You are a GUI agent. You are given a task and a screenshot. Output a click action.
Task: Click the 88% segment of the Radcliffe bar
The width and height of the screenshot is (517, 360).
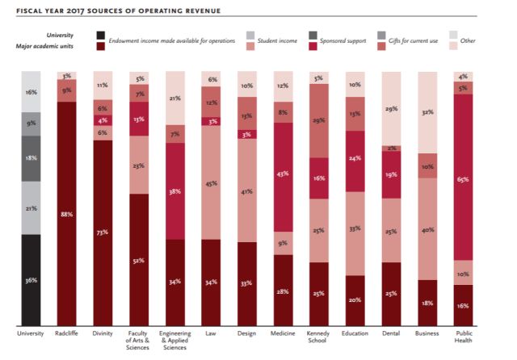pos(67,214)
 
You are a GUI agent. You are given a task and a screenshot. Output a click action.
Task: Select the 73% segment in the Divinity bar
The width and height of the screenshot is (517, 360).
pos(103,232)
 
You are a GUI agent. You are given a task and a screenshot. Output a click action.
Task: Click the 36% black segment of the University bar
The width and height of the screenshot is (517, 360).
pos(31,280)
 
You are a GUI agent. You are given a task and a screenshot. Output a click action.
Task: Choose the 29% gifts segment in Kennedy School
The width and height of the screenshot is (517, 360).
pos(318,119)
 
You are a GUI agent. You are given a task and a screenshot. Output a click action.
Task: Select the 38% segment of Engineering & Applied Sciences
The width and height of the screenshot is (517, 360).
pos(174,192)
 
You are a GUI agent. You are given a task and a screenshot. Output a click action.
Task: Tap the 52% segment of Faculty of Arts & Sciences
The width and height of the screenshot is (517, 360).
pos(139,260)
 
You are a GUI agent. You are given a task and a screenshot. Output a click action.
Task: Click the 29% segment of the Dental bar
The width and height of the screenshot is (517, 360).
pos(391,108)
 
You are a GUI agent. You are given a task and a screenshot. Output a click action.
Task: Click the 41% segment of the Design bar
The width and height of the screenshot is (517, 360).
pos(246,190)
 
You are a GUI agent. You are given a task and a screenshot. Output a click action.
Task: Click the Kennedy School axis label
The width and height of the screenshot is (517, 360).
pos(318,337)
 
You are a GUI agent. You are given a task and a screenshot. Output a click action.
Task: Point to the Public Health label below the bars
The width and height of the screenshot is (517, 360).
pos(463,337)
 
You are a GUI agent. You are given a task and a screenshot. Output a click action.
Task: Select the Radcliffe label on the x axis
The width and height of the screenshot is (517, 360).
pos(67,333)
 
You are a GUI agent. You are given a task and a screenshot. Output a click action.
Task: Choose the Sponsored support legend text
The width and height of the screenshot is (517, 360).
pos(343,40)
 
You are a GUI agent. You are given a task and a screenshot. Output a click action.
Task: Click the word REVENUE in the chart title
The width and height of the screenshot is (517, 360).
pos(183,11)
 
